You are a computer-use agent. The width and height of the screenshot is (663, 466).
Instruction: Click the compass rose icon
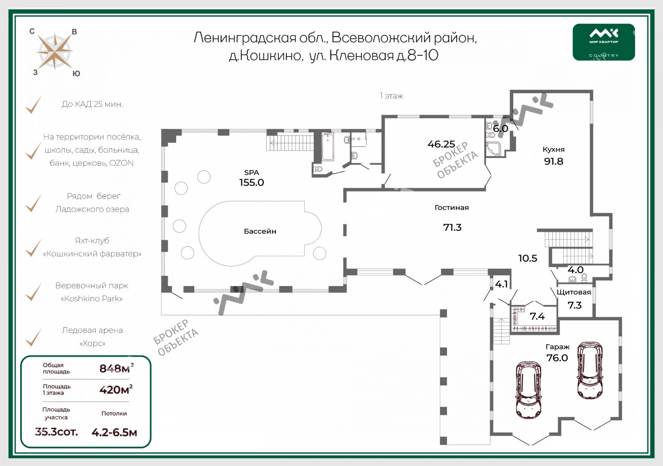[54, 52]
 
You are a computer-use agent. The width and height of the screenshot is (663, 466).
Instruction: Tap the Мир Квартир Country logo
[603, 42]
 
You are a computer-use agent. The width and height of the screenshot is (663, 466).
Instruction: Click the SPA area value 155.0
[252, 183]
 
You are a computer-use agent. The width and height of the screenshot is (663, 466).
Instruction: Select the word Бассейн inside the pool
[260, 231]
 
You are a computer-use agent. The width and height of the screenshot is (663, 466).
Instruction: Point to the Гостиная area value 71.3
[452, 227]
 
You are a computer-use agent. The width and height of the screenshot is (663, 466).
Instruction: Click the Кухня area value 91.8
[553, 161]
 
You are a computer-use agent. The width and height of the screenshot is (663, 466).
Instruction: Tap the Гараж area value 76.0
[557, 358]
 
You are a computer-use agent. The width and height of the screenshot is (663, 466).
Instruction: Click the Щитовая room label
[574, 292]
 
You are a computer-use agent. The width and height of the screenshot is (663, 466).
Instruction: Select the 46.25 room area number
[441, 144]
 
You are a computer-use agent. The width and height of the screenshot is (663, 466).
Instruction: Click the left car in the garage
[528, 390]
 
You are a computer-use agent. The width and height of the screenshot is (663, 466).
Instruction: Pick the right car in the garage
[590, 370]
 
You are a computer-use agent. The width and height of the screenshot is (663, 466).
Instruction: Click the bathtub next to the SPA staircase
[328, 146]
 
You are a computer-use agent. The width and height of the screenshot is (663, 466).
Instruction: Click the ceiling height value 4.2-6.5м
[114, 432]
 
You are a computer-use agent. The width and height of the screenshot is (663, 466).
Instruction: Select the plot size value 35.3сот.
[57, 431]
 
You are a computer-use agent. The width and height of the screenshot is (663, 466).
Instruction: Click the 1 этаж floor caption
[391, 96]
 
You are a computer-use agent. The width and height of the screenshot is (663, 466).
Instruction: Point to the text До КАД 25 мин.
[92, 104]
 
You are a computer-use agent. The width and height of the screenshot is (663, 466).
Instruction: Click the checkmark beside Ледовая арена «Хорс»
[33, 337]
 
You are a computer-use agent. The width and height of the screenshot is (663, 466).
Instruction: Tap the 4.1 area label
[501, 284]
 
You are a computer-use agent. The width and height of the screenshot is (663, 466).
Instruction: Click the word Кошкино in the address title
[270, 56]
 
